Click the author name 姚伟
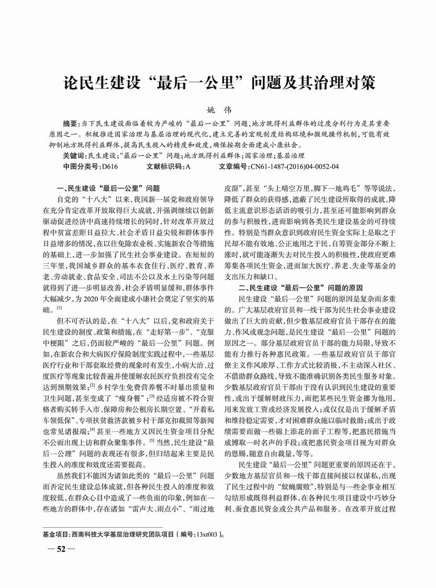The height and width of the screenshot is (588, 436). [219, 110]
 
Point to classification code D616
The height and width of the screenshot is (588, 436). [108, 167]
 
